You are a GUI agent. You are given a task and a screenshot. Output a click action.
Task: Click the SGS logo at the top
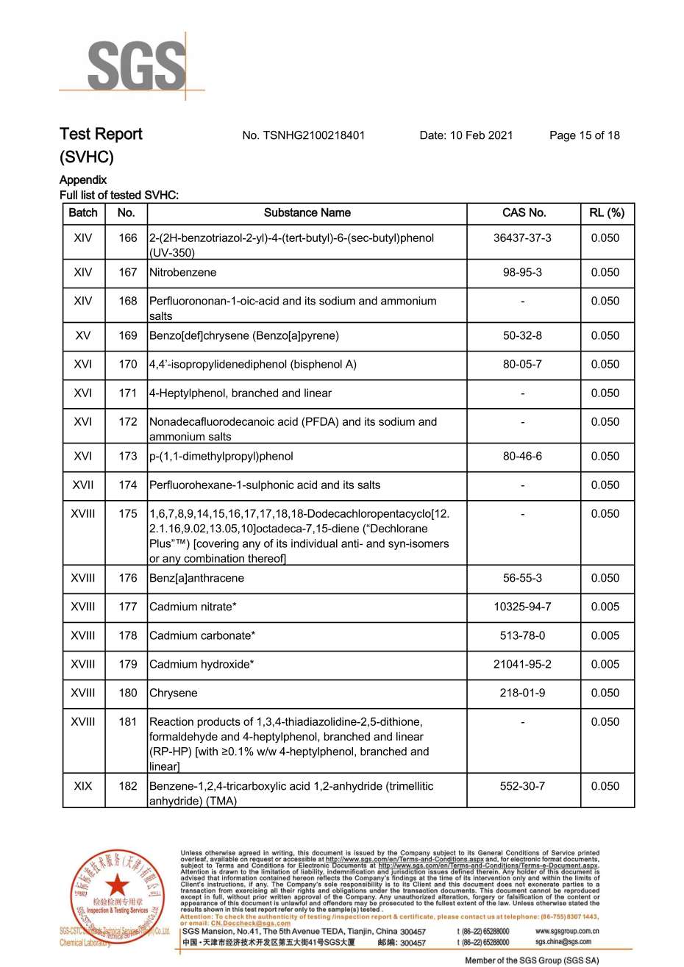point(135,66)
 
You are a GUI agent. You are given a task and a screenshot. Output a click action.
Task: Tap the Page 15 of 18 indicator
point(584,135)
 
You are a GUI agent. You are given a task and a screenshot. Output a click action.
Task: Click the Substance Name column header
point(307,213)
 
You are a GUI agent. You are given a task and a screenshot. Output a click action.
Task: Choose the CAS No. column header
point(524,213)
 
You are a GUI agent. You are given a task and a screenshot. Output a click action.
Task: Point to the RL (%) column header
point(606,213)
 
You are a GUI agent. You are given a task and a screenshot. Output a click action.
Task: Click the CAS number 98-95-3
point(522,273)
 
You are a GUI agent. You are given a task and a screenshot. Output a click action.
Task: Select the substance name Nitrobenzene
point(183,273)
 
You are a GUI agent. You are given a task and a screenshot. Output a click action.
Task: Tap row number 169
point(127,336)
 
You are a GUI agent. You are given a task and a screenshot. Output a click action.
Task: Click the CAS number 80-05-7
point(522,365)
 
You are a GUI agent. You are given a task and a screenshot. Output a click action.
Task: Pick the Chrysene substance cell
point(174,693)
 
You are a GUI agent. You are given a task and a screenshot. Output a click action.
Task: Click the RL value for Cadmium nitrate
point(605,607)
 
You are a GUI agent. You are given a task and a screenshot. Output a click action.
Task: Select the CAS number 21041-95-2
point(522,665)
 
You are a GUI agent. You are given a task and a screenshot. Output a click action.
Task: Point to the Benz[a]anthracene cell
point(196,579)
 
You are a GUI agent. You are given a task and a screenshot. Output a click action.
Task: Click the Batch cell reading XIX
point(83,787)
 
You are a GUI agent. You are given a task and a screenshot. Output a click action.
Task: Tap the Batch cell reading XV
point(83,336)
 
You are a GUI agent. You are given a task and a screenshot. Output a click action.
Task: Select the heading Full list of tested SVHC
point(119,196)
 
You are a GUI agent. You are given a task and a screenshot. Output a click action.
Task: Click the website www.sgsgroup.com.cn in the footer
point(567,931)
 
